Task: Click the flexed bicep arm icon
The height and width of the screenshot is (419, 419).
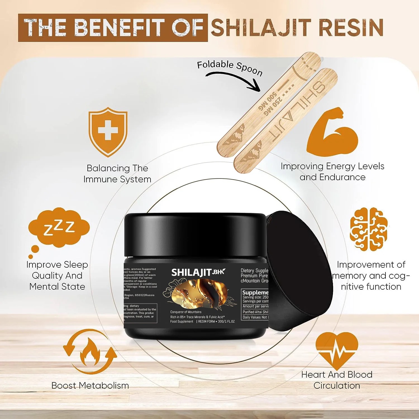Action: click(332, 133)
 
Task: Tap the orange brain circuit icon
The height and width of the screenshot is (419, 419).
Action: click(368, 229)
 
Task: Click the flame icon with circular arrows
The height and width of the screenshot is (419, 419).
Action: click(90, 352)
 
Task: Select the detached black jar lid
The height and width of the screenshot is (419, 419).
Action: click(299, 271)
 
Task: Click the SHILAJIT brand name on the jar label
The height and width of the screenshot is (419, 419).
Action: click(192, 272)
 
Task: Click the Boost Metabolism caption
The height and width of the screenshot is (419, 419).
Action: click(90, 385)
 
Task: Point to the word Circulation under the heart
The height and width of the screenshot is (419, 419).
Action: click(337, 385)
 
